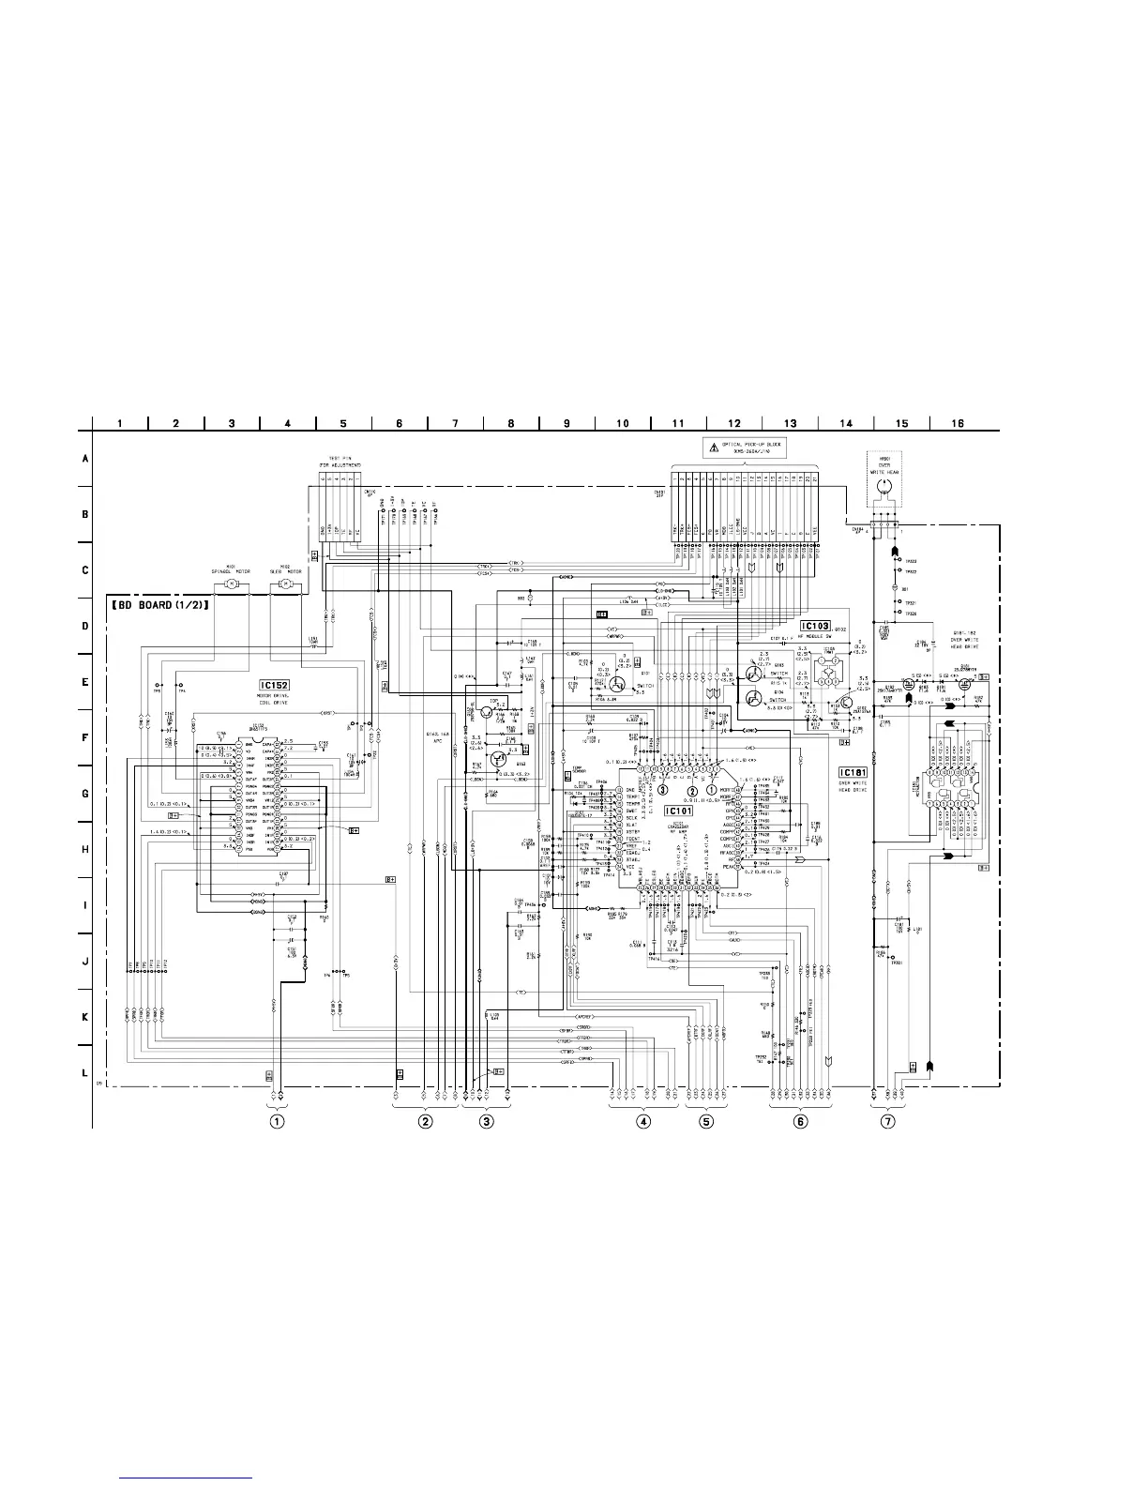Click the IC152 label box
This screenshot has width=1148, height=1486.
pos(273,686)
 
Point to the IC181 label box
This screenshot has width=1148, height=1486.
pos(853,771)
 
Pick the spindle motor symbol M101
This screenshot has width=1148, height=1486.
pos(230,584)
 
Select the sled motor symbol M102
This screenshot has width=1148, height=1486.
pos(284,584)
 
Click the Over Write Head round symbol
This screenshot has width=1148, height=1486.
pos(883,488)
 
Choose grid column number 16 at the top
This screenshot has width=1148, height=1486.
pos(958,423)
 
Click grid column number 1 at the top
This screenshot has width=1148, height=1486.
pos(120,423)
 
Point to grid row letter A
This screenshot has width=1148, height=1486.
pos(84,460)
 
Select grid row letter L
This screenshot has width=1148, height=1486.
pos(84,1073)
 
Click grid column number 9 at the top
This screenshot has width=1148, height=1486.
pos(566,423)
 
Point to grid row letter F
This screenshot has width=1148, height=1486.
pos(84,738)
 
